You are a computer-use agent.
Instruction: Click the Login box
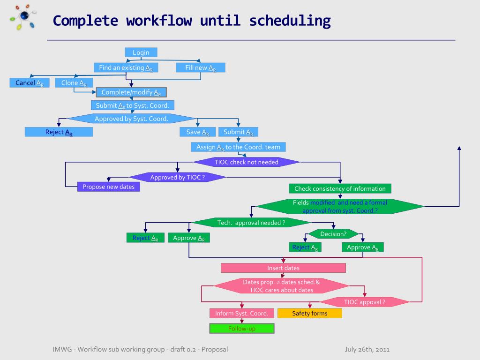tap(141, 52)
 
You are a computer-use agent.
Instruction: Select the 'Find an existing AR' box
tap(126, 68)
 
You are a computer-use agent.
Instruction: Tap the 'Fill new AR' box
tap(201, 68)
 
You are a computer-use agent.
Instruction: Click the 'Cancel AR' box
tap(30, 83)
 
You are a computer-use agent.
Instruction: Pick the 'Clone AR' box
tap(74, 83)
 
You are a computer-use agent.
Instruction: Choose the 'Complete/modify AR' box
tap(131, 92)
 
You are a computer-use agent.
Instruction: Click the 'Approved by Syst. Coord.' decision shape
tap(131, 119)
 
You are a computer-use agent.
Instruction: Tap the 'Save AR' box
tap(197, 132)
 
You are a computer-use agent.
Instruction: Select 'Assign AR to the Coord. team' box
tap(238, 147)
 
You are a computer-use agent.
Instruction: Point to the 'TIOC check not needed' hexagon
tap(247, 162)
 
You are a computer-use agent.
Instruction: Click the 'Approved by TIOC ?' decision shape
tap(177, 177)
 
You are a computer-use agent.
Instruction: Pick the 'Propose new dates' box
tap(108, 187)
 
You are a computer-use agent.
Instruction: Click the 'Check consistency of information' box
tap(340, 189)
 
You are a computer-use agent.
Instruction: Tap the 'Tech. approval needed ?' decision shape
tap(251, 223)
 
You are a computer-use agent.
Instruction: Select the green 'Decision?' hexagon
tap(333, 234)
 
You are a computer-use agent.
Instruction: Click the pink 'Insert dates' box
tap(283, 268)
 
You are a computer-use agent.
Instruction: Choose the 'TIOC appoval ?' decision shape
tap(365, 302)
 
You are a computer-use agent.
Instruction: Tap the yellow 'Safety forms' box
tap(310, 313)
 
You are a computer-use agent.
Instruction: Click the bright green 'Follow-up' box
tap(241, 329)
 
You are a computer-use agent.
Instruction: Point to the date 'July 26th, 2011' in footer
tap(367, 349)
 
